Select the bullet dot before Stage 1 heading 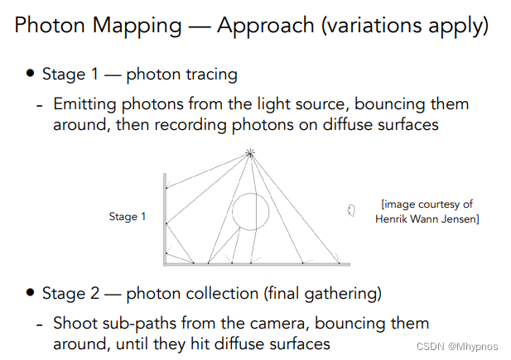pyautogui.click(x=31, y=74)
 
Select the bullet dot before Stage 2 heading pyautogui.click(x=31, y=293)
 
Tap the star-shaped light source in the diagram pyautogui.click(x=249, y=153)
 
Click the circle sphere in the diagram pyautogui.click(x=250, y=211)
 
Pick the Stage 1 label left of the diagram pyautogui.click(x=128, y=217)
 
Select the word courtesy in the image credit pyautogui.click(x=448, y=204)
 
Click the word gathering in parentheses pyautogui.click(x=344, y=293)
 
